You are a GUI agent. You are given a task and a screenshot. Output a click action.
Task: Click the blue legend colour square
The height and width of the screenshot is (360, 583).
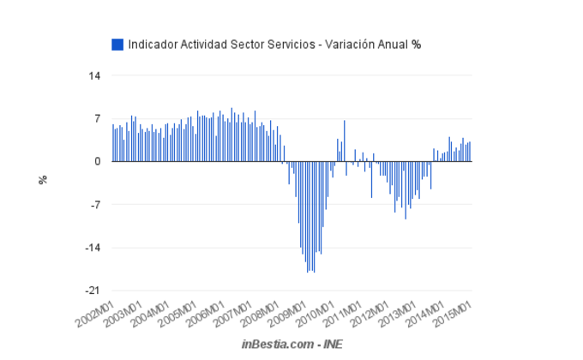coord(117,44)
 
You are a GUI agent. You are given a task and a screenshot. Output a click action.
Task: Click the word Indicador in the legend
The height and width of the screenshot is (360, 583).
coord(152,44)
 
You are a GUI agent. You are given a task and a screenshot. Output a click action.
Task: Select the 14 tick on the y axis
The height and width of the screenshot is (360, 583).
coord(94,75)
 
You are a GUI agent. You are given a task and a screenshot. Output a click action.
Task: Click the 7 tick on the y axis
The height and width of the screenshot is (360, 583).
coord(97,118)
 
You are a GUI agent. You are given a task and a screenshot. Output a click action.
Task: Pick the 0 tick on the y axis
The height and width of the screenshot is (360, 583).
coord(97,161)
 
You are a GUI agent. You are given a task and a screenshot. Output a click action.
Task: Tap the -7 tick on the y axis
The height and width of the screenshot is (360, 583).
coord(95,205)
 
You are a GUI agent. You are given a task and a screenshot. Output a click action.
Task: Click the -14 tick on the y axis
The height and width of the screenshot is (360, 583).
coord(93,248)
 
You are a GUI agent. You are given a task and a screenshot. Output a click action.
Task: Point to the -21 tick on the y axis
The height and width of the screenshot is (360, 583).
coord(93,291)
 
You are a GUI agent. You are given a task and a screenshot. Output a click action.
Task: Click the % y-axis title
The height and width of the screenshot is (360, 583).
coord(41,179)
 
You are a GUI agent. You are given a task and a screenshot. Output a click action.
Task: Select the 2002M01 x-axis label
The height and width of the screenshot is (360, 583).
coord(97,314)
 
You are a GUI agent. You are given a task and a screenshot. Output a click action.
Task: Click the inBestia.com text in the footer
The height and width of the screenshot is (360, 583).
coord(275,344)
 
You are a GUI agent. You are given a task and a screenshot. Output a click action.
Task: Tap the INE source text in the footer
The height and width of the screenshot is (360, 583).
coord(331,344)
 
